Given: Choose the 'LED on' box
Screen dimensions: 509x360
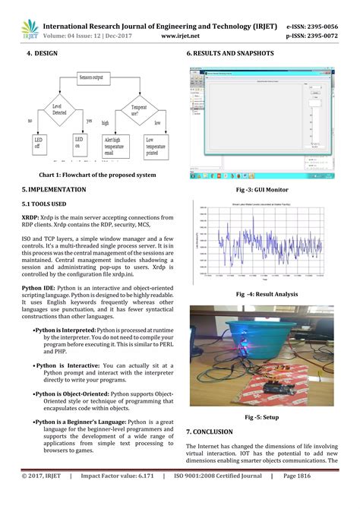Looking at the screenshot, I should point(79,144).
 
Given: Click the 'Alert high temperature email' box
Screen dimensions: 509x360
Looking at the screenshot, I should point(117,146).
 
